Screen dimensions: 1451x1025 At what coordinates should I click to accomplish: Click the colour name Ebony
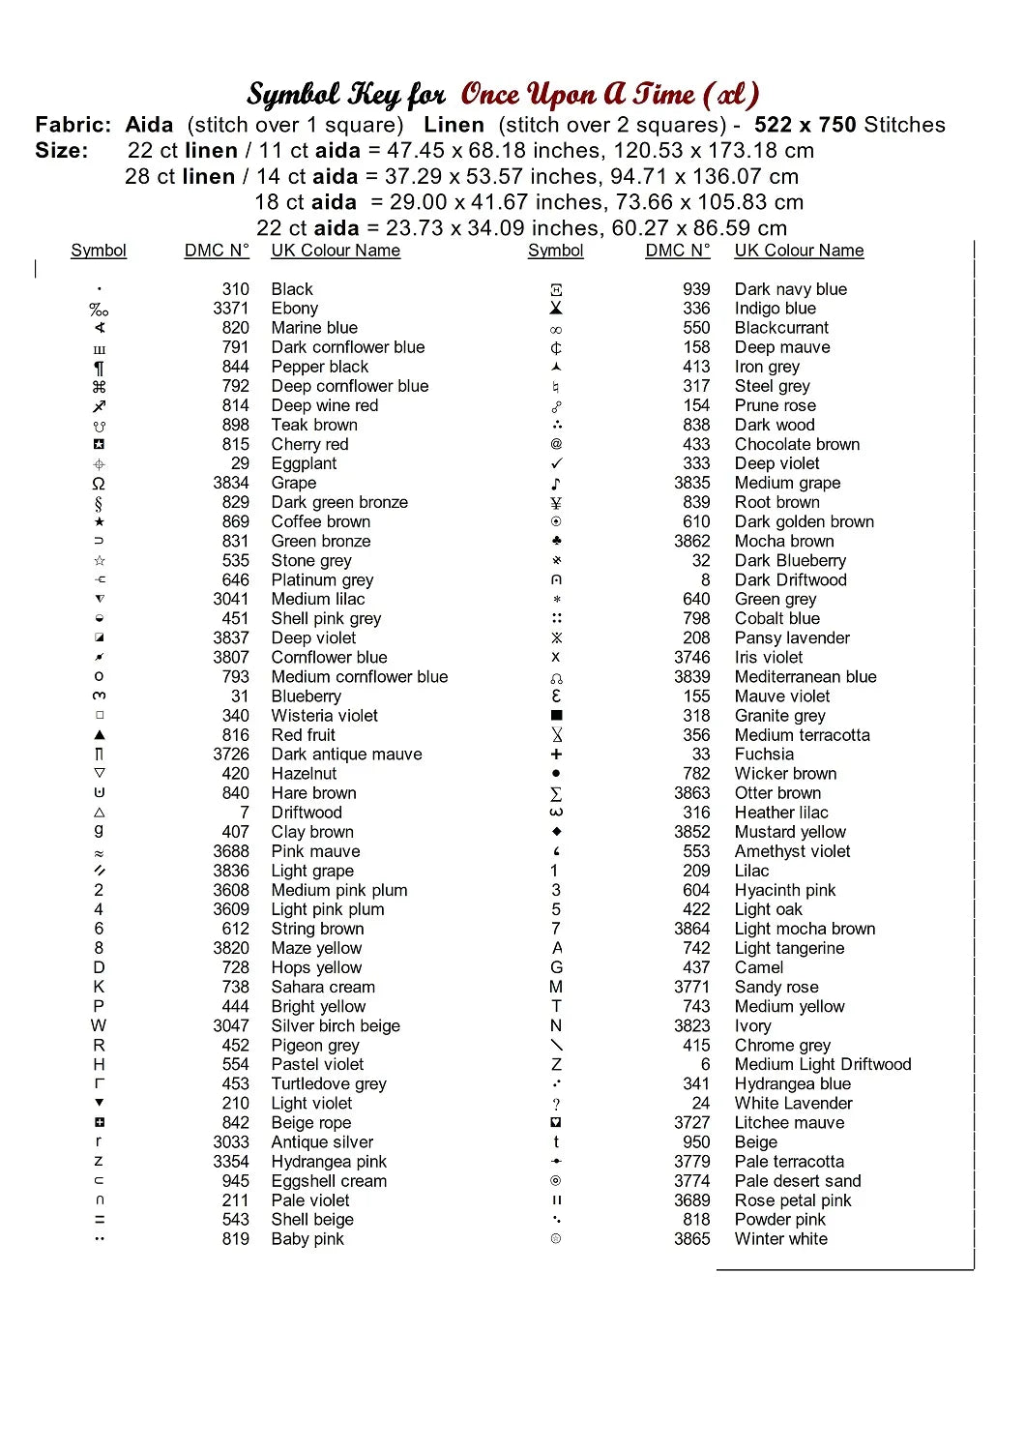click(294, 309)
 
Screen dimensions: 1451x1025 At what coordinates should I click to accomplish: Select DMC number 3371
click(231, 309)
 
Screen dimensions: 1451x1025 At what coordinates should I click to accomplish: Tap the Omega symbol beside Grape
click(99, 484)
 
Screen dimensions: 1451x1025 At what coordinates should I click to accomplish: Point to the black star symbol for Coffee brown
click(99, 522)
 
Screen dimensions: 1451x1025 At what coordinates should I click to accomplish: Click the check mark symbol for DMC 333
click(556, 463)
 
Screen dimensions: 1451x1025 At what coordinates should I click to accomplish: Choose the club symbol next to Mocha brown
click(556, 541)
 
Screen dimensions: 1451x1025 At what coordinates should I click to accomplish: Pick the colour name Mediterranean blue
click(805, 677)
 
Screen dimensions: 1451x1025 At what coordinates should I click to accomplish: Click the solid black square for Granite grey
click(556, 716)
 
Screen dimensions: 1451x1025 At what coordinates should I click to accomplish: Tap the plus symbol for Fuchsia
click(556, 755)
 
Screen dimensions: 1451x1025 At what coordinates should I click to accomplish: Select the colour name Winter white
click(780, 1239)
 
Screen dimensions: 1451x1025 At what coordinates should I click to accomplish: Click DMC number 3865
click(691, 1239)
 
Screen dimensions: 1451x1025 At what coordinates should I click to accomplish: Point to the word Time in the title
click(663, 94)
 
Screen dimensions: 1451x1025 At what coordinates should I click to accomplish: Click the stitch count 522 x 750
click(805, 125)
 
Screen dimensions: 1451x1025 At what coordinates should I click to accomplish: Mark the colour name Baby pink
click(307, 1239)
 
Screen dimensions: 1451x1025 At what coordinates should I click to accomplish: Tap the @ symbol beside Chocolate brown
click(556, 444)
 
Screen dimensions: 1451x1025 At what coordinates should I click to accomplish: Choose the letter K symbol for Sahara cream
click(99, 987)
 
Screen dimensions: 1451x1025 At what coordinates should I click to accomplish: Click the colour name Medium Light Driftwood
click(822, 1064)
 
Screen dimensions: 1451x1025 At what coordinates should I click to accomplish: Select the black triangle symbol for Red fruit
click(99, 735)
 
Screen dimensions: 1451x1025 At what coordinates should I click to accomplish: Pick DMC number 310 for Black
click(235, 289)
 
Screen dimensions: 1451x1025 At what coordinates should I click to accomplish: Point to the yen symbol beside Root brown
click(556, 503)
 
